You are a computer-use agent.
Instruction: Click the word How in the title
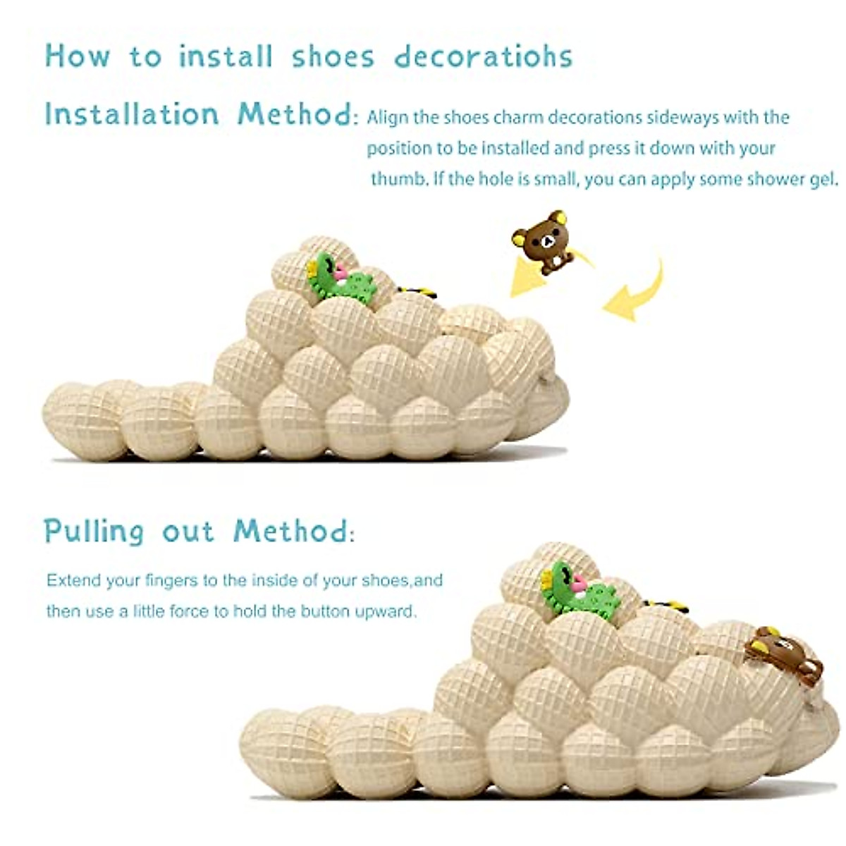click(78, 56)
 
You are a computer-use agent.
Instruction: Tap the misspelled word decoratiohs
click(483, 56)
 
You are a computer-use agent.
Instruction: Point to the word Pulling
click(94, 532)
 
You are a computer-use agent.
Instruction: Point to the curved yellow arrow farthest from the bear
click(637, 291)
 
